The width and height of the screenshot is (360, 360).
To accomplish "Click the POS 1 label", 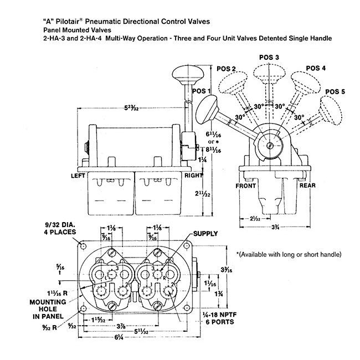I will [201, 90].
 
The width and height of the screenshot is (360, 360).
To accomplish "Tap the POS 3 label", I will [269, 58].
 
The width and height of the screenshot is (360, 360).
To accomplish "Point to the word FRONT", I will [245, 186].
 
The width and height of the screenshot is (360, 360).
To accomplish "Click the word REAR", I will [307, 186].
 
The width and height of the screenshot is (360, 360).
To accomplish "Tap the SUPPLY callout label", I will [204, 233].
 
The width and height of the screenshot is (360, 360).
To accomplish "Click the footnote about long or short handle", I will [289, 254].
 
